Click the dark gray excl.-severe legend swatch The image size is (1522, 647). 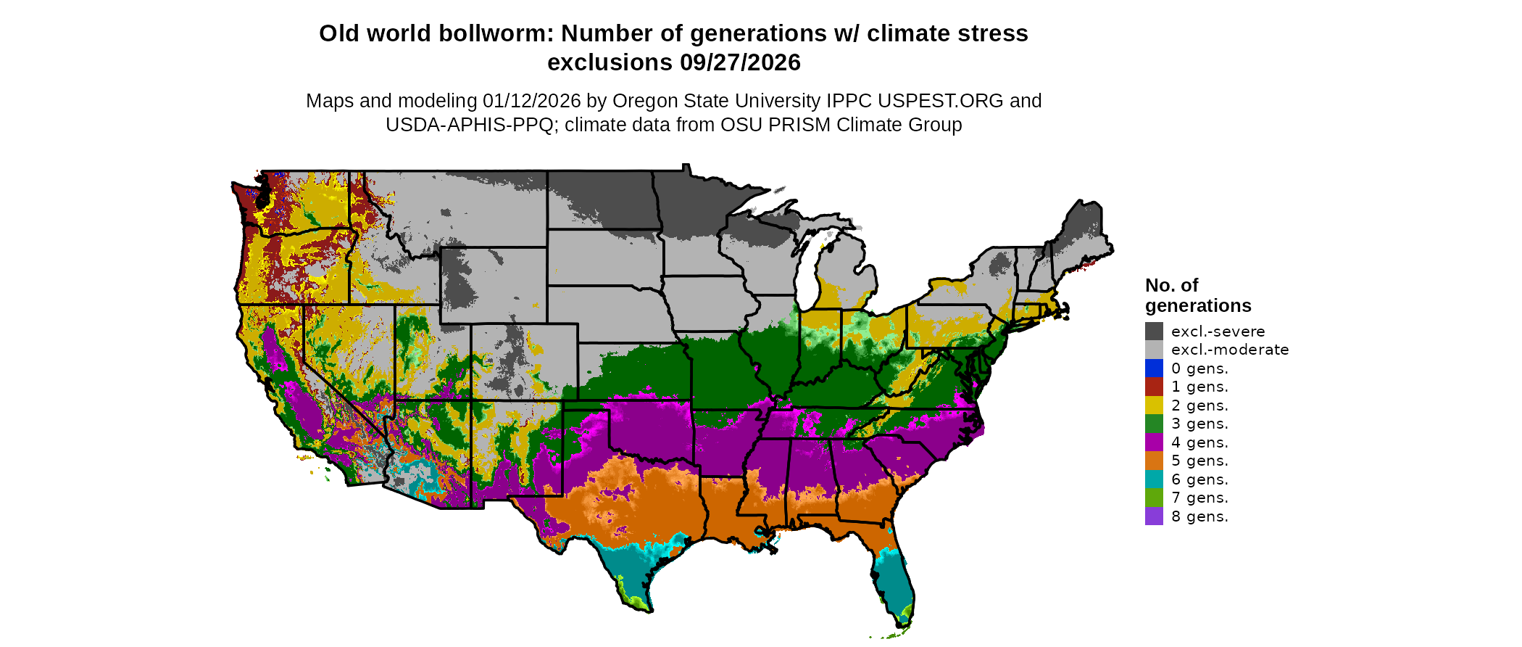[1154, 331]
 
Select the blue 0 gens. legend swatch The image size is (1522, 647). [1154, 368]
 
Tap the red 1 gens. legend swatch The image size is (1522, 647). [1154, 387]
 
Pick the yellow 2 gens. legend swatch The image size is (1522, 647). [1154, 405]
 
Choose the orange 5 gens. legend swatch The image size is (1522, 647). [1154, 461]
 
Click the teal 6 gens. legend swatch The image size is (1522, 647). [1154, 479]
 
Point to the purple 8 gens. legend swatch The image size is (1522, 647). [1154, 516]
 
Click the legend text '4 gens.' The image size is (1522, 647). [1199, 442]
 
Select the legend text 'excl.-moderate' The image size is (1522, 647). [1230, 350]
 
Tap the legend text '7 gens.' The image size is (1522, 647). [1199, 498]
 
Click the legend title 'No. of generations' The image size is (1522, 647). [1197, 295]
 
